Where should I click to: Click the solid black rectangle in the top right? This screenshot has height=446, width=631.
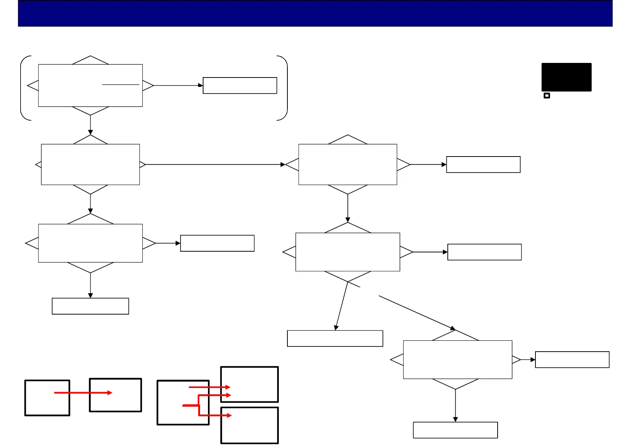coord(566,77)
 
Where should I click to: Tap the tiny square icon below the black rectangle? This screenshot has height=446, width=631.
coord(547,96)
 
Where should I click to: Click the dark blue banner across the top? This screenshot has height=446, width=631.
coord(315,13)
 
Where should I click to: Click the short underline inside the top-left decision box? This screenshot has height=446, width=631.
coord(121,85)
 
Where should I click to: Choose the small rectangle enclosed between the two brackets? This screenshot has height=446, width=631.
coord(240,85)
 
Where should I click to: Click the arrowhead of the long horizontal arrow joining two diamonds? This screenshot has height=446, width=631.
coord(283,164)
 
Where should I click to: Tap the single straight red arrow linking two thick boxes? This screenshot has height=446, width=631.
coord(83,393)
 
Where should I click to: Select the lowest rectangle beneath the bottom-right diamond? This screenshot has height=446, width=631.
coord(455,430)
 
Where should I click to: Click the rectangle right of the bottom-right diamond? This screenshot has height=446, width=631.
coord(572,359)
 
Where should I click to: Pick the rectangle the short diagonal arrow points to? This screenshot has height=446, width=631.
coord(335,339)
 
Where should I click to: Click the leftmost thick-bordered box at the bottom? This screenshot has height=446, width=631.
coord(47,398)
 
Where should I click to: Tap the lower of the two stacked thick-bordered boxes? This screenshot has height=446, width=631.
coord(250,425)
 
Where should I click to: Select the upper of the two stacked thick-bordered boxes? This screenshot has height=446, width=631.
coord(250,384)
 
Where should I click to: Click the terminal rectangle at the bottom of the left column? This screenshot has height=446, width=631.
coord(90,306)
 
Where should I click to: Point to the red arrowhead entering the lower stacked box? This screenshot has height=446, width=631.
coord(229,415)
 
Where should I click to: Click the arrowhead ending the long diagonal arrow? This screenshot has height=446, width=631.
coord(453,328)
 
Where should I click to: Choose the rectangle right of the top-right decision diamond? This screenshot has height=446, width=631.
coord(483,164)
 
